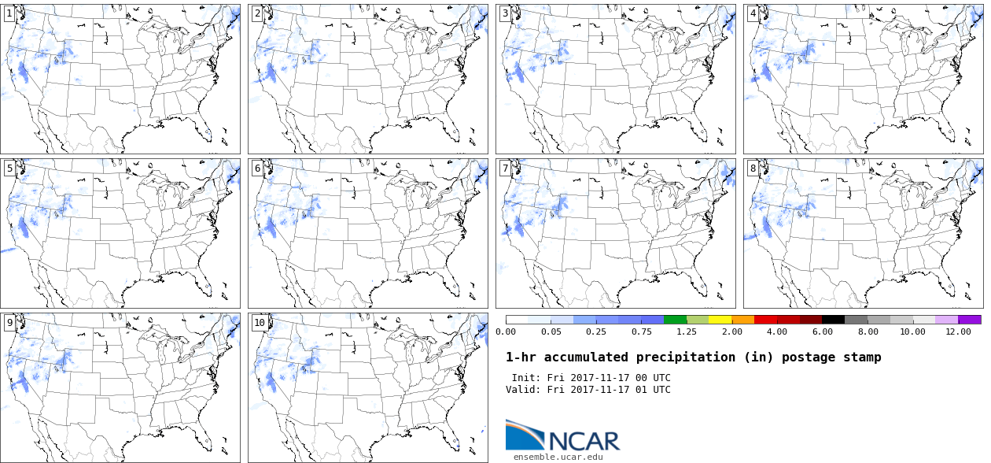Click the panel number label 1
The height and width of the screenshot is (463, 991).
tap(9, 13)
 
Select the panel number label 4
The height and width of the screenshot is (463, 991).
tap(753, 13)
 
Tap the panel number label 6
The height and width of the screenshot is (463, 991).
tap(257, 169)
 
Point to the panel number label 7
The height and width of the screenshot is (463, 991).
tap(505, 169)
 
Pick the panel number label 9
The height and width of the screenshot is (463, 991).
tap(9, 323)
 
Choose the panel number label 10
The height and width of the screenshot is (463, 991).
tap(260, 323)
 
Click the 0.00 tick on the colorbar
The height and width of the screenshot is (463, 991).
tap(506, 332)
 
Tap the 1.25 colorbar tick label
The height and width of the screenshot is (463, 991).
tap(687, 332)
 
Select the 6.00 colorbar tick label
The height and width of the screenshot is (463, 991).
tap(822, 332)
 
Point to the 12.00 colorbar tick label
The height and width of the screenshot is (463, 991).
tap(958, 332)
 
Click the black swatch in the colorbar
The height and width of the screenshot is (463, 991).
tap(833, 320)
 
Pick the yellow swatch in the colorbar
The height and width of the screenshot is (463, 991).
tap(720, 320)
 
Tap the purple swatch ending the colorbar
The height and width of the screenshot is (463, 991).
tap(970, 320)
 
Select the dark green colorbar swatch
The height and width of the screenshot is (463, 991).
tap(675, 320)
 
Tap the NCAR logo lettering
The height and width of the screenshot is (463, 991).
tap(584, 440)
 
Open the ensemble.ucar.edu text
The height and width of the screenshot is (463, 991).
tap(558, 457)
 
